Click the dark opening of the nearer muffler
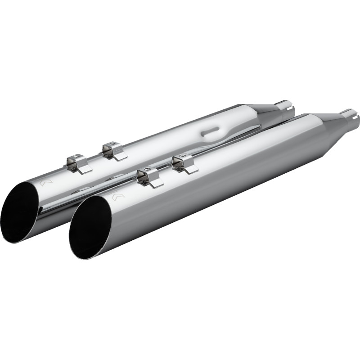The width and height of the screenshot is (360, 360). pos(93,227)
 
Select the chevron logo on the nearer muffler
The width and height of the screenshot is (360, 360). pos(116,196)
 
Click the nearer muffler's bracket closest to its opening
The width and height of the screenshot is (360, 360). pos(149,177)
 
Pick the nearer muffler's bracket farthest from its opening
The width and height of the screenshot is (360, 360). pos(184,163)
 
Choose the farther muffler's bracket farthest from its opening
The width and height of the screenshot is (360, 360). pos(114,150)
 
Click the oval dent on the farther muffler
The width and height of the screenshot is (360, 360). pos(211,131)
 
